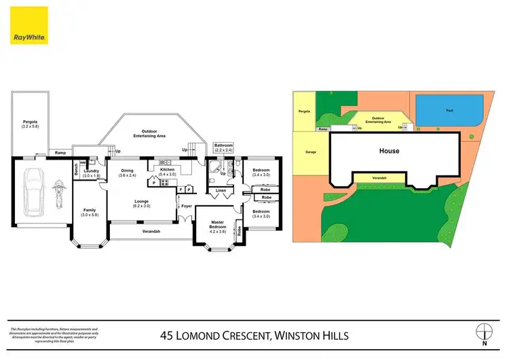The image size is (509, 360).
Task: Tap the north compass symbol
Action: click(483, 332)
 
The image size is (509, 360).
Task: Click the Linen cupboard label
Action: click(221, 190)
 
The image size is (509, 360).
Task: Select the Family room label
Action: click(90, 213)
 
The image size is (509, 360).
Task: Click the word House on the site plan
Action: click(389, 151)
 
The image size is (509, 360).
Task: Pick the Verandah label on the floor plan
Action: click(151, 232)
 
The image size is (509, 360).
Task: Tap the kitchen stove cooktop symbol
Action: click(165, 183)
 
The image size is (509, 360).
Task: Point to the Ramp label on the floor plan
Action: click(60, 153)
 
